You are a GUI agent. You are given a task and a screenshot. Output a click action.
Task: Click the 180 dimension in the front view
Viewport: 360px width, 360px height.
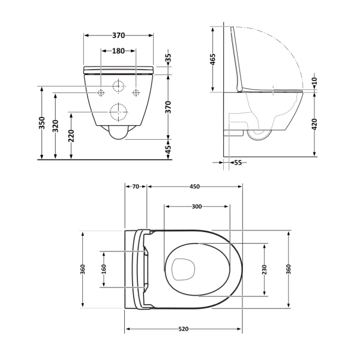click(119, 51)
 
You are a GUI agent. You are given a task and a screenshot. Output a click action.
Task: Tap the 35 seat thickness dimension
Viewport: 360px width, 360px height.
click(169, 59)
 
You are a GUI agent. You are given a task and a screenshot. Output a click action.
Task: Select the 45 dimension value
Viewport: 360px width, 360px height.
click(169, 148)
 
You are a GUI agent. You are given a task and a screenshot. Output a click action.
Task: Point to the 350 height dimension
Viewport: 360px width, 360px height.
click(42, 123)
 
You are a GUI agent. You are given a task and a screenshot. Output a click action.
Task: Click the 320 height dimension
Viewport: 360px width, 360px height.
click(56, 126)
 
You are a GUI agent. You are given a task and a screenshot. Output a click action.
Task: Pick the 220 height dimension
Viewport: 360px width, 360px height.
click(72, 136)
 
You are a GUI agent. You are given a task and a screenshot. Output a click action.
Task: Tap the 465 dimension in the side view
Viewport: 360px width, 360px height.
click(213, 60)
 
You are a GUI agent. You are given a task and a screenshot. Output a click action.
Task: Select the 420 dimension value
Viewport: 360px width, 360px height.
click(314, 124)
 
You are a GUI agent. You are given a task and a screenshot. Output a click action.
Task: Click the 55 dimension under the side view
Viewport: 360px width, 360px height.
click(238, 163)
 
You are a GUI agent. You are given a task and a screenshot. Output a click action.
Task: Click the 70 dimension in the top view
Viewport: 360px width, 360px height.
click(136, 187)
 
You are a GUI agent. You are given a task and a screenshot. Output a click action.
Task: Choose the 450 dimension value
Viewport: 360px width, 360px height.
click(194, 187)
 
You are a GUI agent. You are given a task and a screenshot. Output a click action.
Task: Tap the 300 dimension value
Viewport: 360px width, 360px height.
click(196, 206)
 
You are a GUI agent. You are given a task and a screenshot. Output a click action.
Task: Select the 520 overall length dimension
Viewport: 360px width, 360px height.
click(184, 329)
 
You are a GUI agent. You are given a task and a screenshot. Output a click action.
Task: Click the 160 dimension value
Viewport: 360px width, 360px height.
click(103, 268)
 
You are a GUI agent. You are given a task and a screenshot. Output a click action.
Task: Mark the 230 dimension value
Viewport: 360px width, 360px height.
click(265, 269)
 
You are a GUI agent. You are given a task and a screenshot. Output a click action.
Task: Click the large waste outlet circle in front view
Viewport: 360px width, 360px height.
click(119, 112)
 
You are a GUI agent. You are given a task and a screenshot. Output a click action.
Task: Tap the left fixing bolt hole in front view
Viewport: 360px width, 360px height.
click(101, 92)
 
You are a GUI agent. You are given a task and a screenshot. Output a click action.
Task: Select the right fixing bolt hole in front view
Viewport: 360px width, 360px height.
click(136, 92)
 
